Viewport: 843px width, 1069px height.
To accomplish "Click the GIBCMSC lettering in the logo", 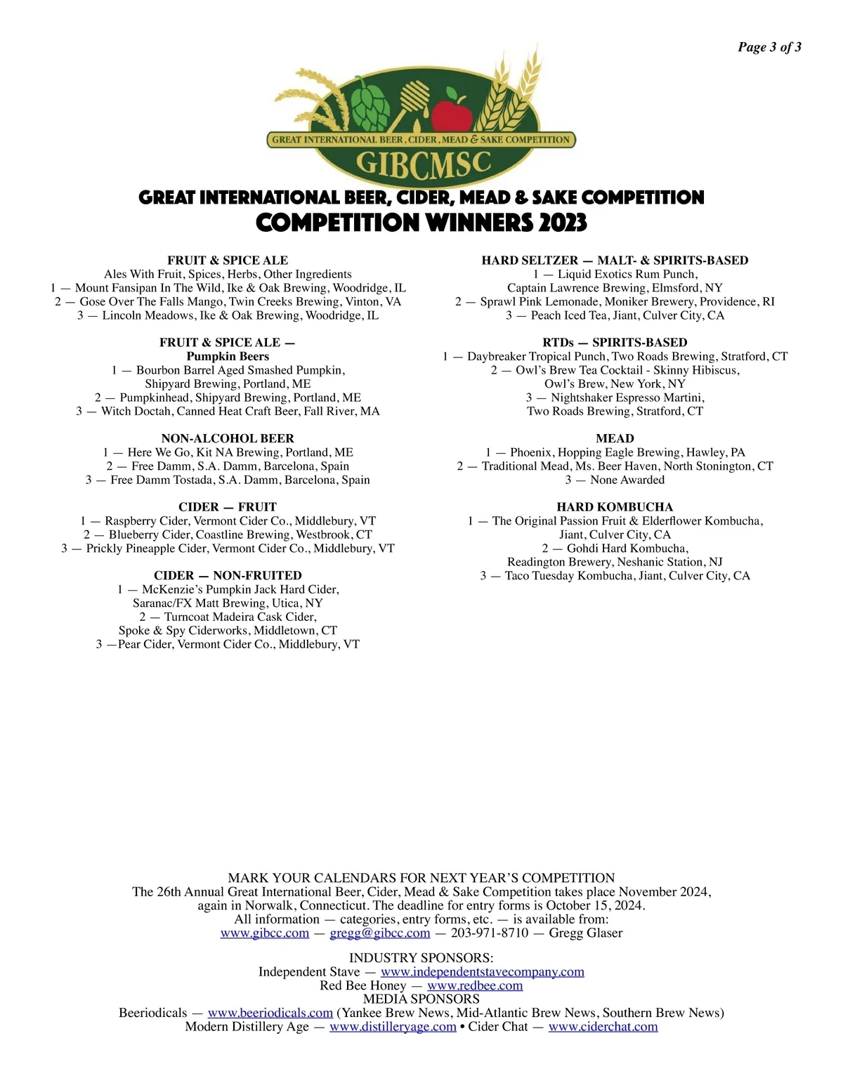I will point(423,164).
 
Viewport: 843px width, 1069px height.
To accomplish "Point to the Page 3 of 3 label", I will point(769,47).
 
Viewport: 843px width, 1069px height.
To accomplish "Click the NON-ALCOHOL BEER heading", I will point(228,438).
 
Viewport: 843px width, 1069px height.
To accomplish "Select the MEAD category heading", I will point(615,438).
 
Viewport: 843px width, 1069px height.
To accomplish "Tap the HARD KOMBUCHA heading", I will point(615,507).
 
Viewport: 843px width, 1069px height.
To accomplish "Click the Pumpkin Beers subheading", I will point(228,356).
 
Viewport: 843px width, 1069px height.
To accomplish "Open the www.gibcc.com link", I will point(265,933).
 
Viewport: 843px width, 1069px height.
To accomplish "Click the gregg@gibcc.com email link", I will point(380,933).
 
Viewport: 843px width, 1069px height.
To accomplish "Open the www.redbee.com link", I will point(475,986).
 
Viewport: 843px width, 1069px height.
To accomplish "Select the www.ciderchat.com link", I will point(603,1027).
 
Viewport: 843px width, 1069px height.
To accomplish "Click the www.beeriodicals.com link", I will point(270,1013).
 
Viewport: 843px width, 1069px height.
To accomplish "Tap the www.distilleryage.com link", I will point(393,1027).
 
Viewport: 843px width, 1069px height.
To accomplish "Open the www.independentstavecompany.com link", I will point(483,972).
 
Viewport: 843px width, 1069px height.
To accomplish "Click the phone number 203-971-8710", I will point(490,933).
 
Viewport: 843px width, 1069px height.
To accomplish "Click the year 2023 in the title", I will point(563,223).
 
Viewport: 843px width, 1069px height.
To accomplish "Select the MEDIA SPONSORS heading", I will point(421,999).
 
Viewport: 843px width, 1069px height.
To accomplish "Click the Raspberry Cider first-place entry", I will point(228,521).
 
